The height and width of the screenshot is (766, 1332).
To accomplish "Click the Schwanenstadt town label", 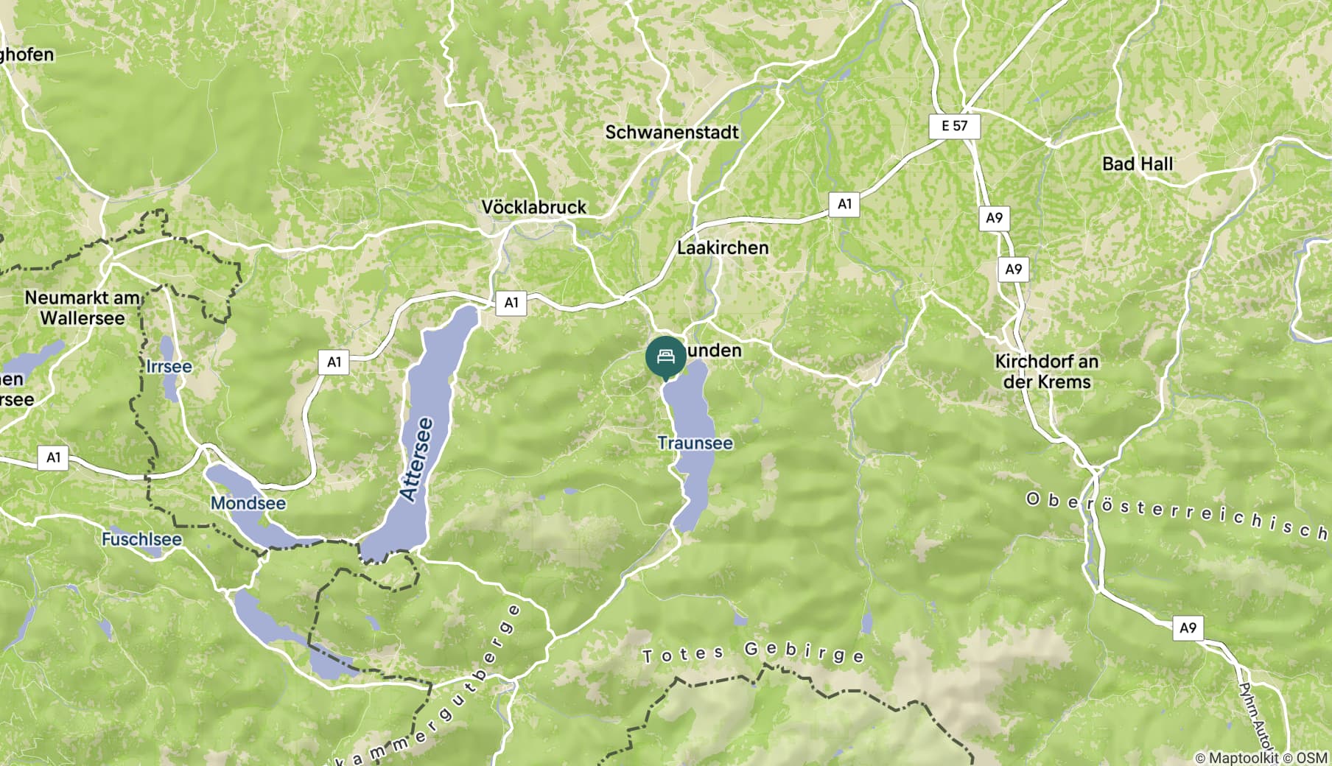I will tap(671, 133).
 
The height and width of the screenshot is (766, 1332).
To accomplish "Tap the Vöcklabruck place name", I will tap(533, 207).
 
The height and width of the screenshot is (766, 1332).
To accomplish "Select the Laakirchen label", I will tap(722, 248).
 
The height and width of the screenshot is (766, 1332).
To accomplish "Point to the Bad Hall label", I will tap(1137, 164).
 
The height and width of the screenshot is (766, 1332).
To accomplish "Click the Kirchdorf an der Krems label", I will tap(1046, 371).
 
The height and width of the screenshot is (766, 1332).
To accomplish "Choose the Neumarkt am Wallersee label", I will tap(83, 308).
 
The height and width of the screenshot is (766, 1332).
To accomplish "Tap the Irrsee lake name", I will tap(169, 367).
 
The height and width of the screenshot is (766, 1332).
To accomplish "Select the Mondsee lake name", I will tap(248, 503).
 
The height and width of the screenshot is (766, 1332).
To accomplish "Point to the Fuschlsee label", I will tap(141, 539).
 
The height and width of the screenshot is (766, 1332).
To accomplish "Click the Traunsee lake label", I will tap(695, 443).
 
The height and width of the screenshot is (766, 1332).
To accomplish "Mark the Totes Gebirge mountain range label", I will tap(753, 653).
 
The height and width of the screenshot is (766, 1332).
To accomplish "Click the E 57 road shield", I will tap(954, 126).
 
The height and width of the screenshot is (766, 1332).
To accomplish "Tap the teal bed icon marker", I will tap(665, 357).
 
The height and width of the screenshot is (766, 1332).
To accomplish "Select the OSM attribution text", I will tap(1312, 757).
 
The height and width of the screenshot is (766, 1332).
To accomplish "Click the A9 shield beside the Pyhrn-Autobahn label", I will tap(1188, 628).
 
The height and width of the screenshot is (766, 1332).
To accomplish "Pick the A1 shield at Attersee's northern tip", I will tap(511, 302).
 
